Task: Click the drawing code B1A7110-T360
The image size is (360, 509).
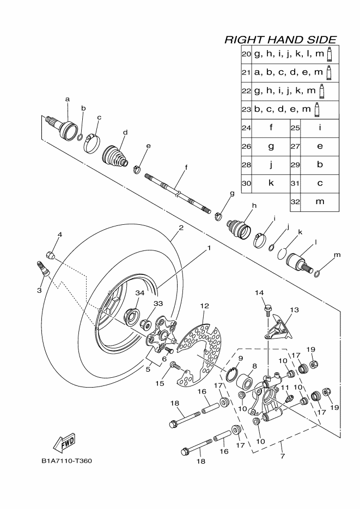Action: pyautogui.click(x=66, y=461)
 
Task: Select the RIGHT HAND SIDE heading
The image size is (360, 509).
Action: pyautogui.click(x=280, y=40)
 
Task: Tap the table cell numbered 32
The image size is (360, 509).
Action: pyautogui.click(x=296, y=201)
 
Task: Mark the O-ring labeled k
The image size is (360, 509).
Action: pyautogui.click(x=282, y=253)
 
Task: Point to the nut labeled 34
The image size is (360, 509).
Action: pyautogui.click(x=132, y=316)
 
